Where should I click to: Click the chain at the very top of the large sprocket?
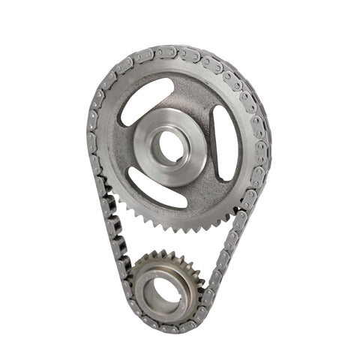[x=180, y=51]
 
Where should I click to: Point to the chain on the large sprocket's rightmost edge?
[x=266, y=142]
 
